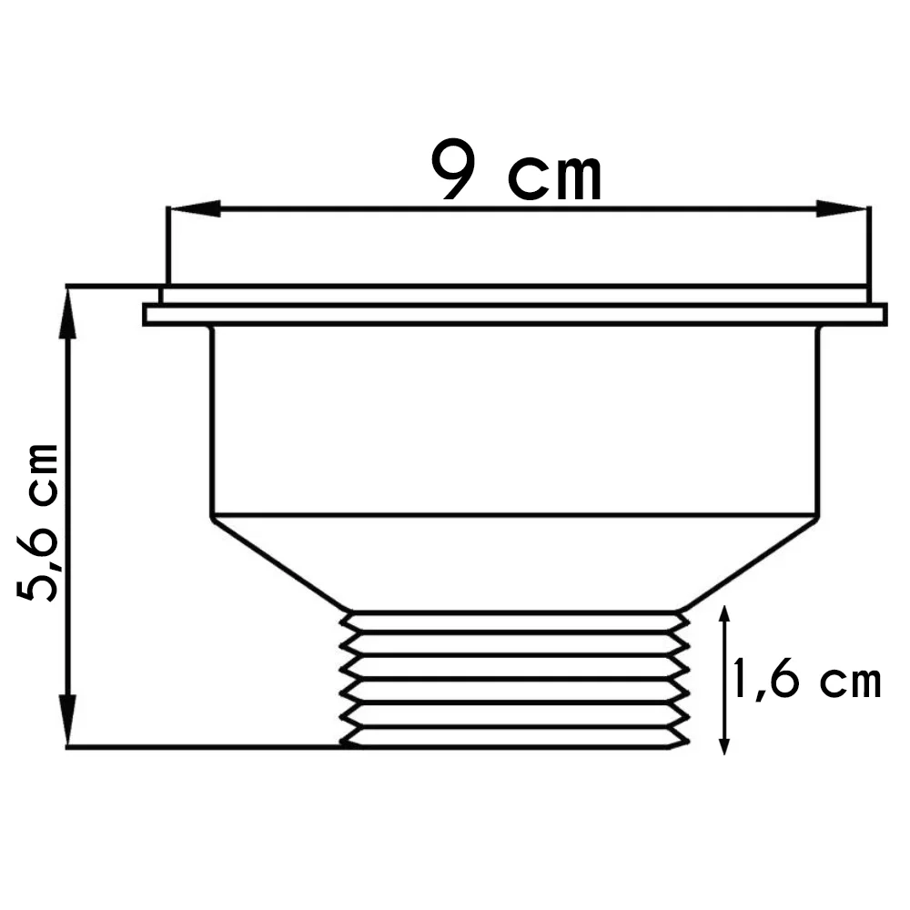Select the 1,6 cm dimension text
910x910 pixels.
pos(806,681)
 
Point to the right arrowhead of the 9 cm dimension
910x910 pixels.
pos(842,209)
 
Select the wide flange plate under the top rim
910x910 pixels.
pos(514,315)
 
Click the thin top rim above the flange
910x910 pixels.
pos(514,295)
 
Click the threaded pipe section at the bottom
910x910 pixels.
pos(514,679)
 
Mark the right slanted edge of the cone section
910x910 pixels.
pos(748,565)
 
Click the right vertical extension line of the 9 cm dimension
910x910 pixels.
pos(869,246)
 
